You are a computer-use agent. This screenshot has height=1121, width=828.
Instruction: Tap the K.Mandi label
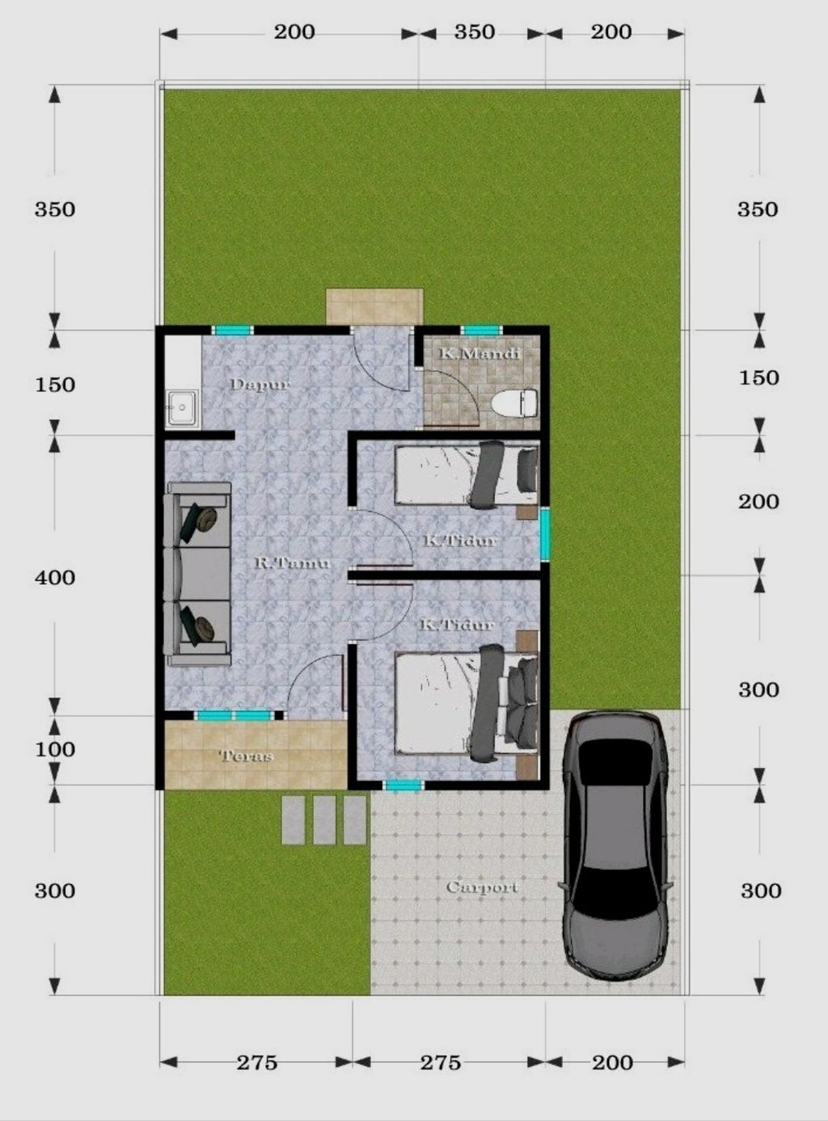tap(479, 353)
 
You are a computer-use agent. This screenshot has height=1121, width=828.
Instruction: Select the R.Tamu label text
tap(293, 563)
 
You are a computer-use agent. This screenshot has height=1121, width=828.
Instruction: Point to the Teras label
tap(247, 756)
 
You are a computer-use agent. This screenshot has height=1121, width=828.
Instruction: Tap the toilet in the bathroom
tap(514, 403)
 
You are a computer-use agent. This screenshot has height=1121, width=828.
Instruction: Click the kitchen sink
tap(182, 408)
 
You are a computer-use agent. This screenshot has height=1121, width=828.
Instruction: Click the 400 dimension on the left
tap(55, 577)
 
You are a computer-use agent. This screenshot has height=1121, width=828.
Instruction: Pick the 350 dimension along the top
tap(474, 32)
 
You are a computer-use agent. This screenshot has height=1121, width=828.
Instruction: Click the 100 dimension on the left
tap(55, 749)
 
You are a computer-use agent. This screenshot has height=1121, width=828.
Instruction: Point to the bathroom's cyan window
tap(482, 331)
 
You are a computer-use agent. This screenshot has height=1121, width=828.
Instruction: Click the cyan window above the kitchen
tap(232, 331)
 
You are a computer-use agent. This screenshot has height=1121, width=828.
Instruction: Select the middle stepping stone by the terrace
tap(324, 820)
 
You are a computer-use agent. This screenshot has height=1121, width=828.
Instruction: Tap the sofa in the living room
tap(197, 574)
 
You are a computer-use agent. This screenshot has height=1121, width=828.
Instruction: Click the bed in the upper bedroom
tap(467, 474)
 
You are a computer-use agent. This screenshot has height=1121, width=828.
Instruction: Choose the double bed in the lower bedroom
tap(467, 703)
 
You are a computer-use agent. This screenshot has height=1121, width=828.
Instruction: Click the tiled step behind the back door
tap(375, 307)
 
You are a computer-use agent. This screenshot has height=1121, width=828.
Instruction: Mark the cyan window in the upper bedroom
tap(545, 534)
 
